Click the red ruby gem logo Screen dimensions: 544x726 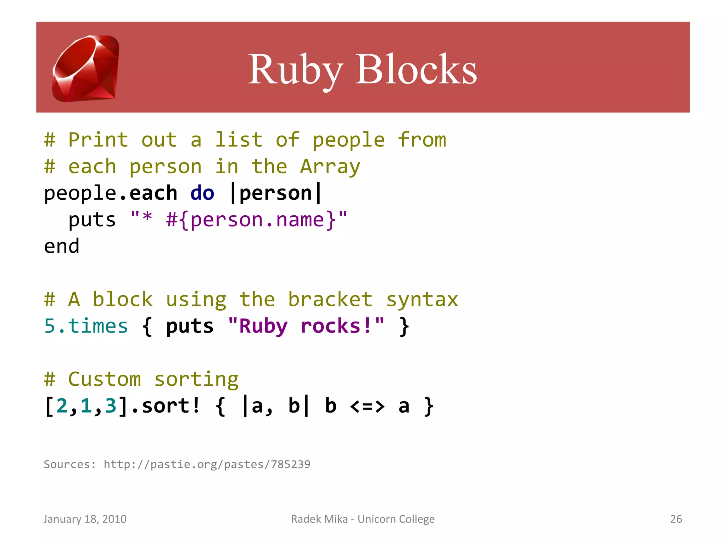(86, 68)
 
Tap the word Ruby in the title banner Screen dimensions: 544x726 (295, 69)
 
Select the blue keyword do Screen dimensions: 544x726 (202, 193)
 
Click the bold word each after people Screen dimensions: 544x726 (153, 193)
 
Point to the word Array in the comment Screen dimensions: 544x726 (330, 167)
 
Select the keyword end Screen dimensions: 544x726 (62, 246)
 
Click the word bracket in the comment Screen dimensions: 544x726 (330, 300)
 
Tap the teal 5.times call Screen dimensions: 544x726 (86, 326)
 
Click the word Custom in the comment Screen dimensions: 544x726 (105, 379)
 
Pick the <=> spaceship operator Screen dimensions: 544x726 (367, 406)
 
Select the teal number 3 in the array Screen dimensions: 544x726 (111, 406)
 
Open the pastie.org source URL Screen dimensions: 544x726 (207, 464)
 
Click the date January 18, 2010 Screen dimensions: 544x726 (85, 519)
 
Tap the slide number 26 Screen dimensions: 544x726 (676, 519)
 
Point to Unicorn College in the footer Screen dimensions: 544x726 (396, 519)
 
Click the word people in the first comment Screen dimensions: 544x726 (348, 140)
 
